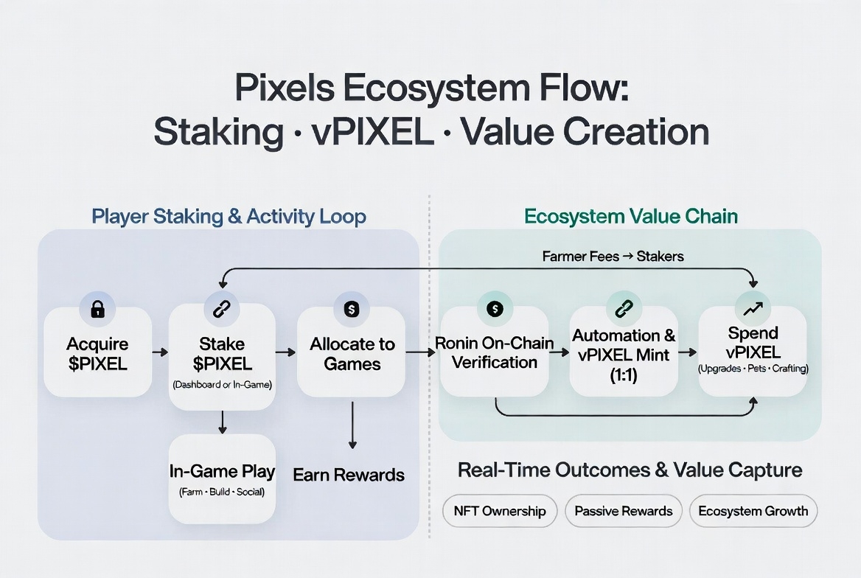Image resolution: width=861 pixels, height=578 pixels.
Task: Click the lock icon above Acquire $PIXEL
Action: click(97, 310)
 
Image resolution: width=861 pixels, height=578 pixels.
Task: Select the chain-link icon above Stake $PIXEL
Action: click(222, 310)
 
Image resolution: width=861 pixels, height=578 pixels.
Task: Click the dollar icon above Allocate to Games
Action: click(351, 310)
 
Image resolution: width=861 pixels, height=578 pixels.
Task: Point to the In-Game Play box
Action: click(222, 479)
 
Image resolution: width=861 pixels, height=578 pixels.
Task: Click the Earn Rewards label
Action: click(349, 474)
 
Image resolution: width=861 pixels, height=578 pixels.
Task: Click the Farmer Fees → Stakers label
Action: click(613, 257)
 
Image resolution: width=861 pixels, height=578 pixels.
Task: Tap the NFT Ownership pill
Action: click(500, 511)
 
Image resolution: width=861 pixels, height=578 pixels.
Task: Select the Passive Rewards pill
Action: click(624, 511)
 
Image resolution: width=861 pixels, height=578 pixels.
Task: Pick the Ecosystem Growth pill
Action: click(753, 511)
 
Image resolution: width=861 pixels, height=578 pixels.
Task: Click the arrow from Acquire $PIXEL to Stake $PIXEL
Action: click(160, 352)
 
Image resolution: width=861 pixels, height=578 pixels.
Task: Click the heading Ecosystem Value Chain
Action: click(631, 217)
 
